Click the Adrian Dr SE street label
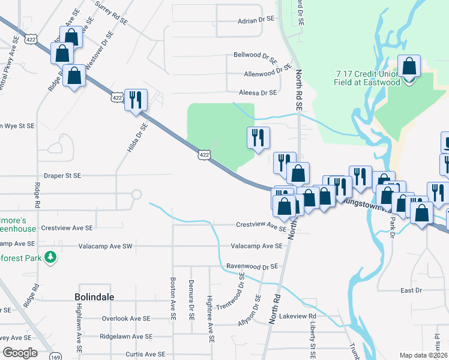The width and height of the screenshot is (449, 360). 256,20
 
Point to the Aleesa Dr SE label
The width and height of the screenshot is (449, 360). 258,93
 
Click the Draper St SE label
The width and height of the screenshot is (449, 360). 62,176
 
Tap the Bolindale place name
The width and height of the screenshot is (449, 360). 95,297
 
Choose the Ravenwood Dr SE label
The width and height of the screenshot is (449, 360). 252,266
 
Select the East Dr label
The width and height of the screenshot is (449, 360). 411,290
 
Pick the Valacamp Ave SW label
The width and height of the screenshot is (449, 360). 106,247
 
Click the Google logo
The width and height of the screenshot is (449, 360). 20,352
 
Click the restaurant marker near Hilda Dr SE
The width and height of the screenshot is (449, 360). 136,100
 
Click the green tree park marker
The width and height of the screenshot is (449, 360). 52,257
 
